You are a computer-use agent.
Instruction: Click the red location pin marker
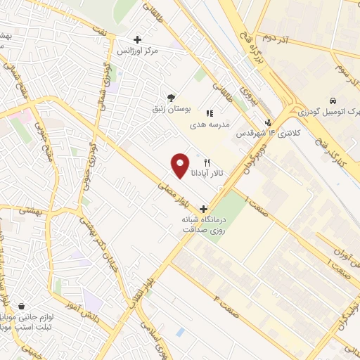tap(181, 165)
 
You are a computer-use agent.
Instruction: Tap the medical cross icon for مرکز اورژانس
tap(137, 39)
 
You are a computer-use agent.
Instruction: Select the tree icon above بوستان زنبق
tap(171, 98)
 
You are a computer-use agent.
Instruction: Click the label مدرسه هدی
tap(209, 124)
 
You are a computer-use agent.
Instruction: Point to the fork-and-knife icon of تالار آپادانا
tap(207, 161)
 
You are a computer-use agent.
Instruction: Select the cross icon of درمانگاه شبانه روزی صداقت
tap(204, 209)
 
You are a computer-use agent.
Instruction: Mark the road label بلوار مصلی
tap(173, 196)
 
